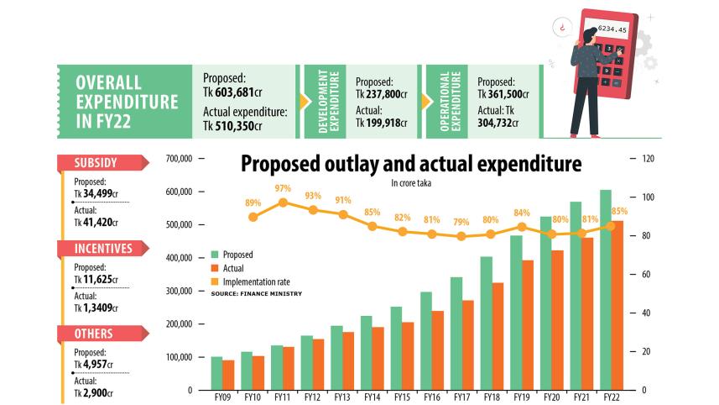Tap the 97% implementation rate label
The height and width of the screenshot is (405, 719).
pyautogui.click(x=282, y=188)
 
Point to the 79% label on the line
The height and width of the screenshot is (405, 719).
pyautogui.click(x=461, y=222)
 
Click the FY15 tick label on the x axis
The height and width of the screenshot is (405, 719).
pyautogui.click(x=401, y=397)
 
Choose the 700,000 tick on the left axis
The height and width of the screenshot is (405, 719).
pyautogui.click(x=180, y=159)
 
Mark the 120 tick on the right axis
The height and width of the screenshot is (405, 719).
pyautogui.click(x=647, y=159)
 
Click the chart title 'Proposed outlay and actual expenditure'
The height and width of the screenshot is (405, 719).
pyautogui.click(x=411, y=163)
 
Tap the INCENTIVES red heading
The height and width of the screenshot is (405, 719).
pyautogui.click(x=102, y=248)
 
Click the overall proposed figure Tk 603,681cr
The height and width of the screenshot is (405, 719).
pyautogui.click(x=233, y=92)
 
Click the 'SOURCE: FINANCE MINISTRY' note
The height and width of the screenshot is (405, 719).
pyautogui.click(x=256, y=293)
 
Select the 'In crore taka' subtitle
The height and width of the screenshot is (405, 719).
pyautogui.click(x=410, y=182)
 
